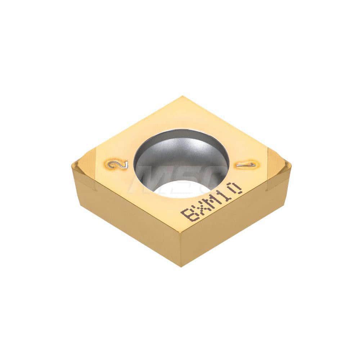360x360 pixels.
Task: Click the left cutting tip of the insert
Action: (73, 166)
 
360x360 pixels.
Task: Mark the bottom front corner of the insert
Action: (180, 265)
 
